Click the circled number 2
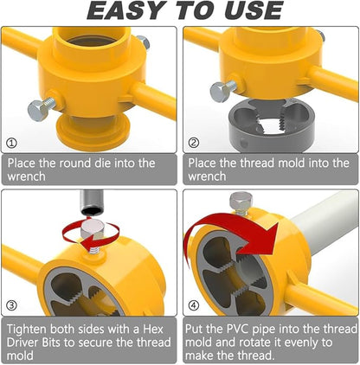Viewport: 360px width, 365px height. tap(194, 144)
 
